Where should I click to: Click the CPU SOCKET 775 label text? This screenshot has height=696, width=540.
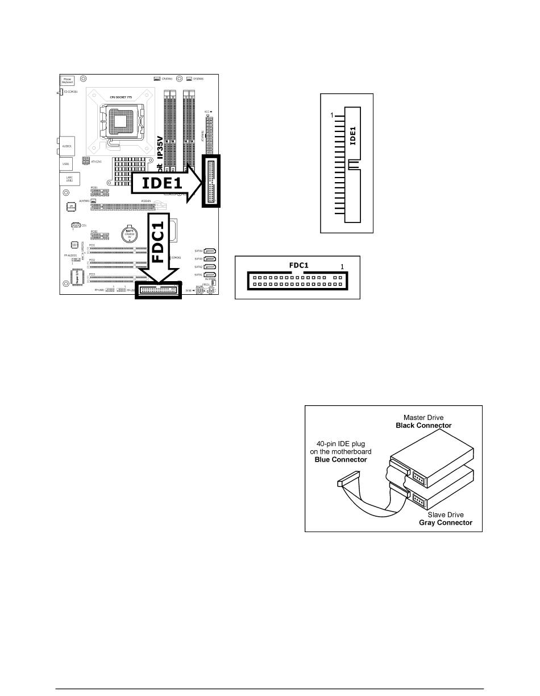121,97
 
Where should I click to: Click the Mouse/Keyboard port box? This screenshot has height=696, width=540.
67,81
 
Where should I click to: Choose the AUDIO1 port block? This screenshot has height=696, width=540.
66,145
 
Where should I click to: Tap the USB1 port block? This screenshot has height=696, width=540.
66,164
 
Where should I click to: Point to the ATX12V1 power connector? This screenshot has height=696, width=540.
86,161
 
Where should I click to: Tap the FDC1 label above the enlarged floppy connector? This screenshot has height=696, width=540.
298,265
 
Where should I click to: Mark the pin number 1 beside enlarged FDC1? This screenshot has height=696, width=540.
342,266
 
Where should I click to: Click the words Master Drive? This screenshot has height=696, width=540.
423,417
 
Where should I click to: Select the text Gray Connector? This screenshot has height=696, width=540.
446,522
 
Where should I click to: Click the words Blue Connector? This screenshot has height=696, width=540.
340,459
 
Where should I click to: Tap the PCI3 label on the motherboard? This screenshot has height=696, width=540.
92,274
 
